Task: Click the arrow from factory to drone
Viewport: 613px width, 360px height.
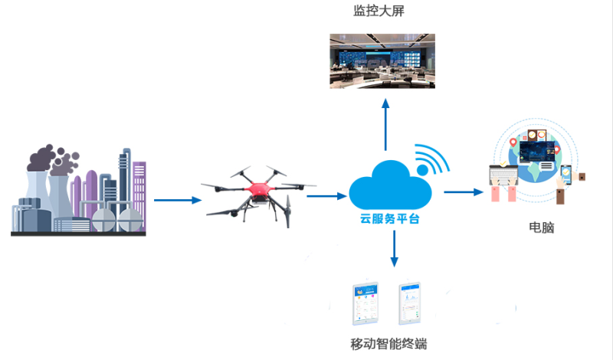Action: click(x=178, y=201)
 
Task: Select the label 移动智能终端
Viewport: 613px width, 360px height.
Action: click(x=387, y=342)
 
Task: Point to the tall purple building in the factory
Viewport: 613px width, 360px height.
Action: click(x=139, y=191)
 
